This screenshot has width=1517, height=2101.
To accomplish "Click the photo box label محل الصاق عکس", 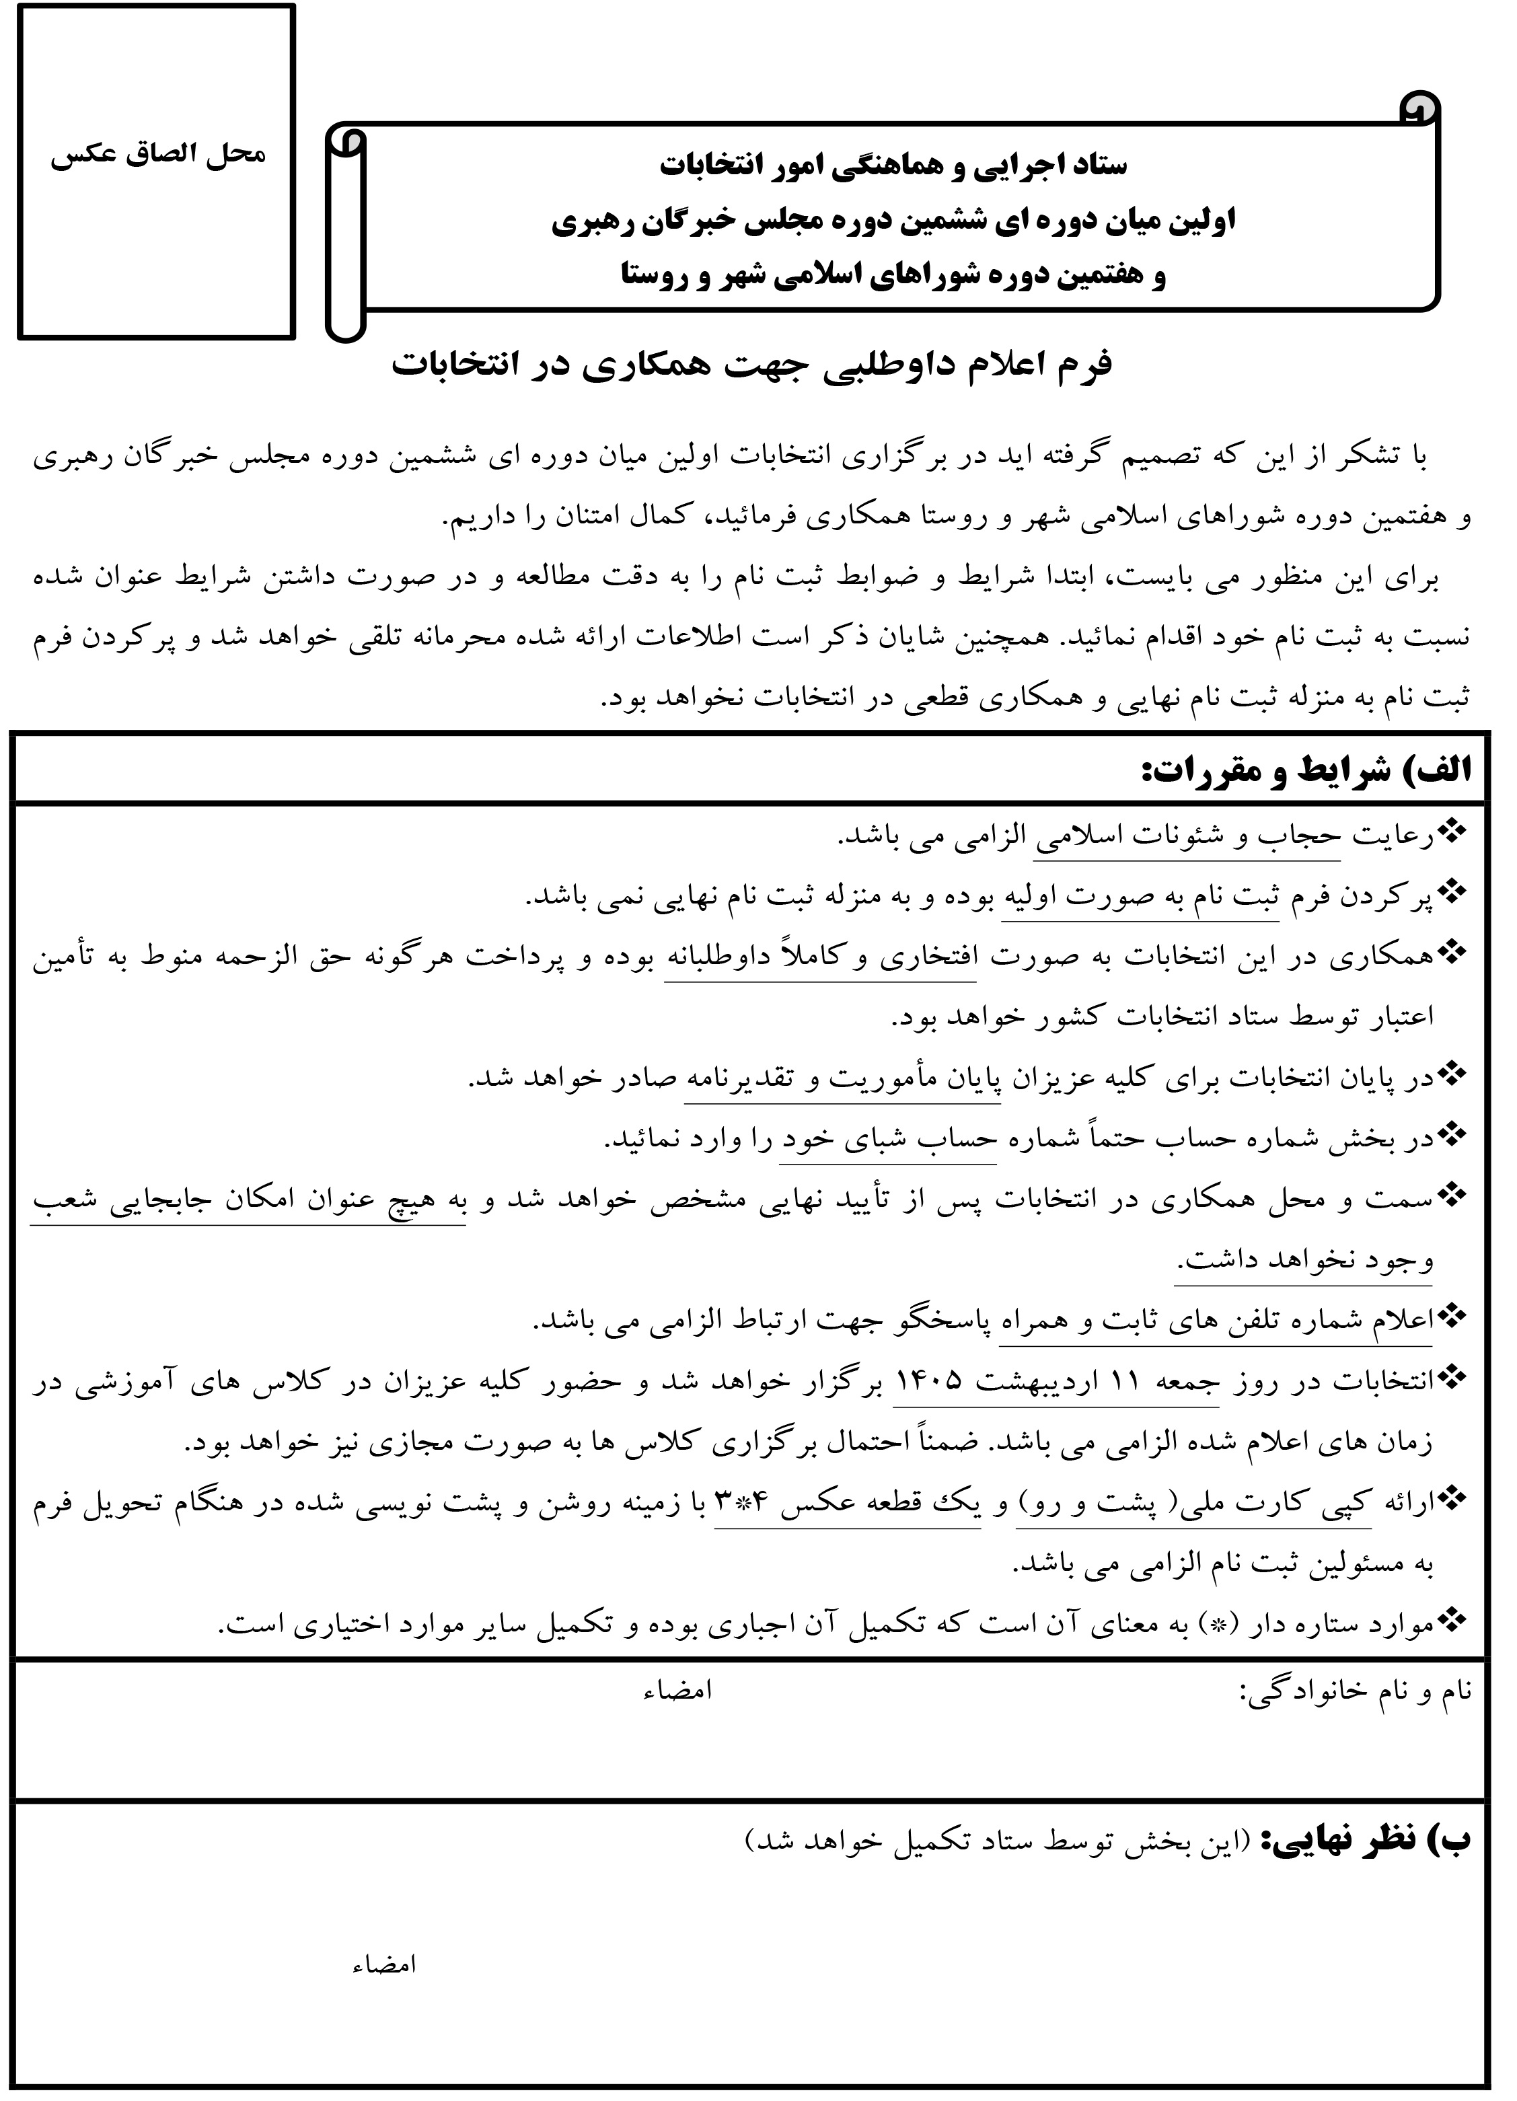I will point(157,154).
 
